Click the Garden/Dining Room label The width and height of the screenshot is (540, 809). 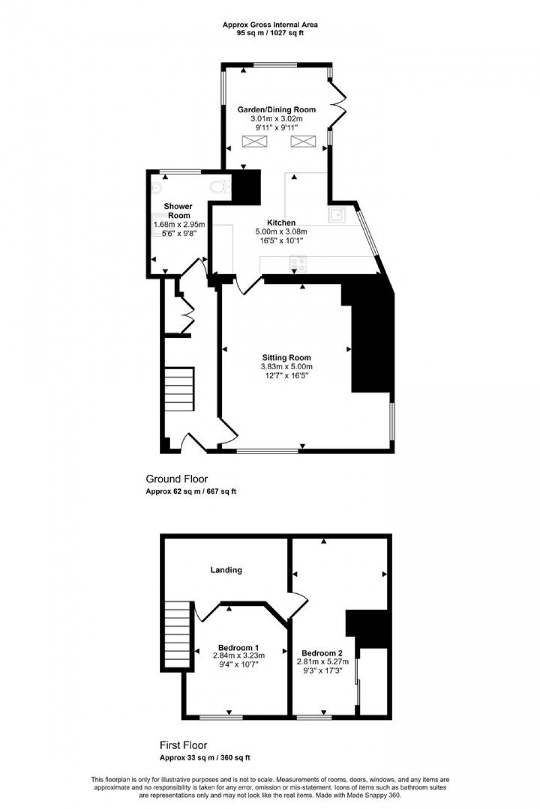[x=269, y=110]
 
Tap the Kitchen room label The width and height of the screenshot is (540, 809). [x=281, y=223]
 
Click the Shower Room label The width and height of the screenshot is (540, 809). [x=178, y=211]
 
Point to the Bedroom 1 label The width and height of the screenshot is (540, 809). [x=239, y=647]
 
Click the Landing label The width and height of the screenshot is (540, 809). [x=226, y=570]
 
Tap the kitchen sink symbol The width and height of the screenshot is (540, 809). [x=337, y=215]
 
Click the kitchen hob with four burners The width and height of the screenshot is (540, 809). [x=298, y=264]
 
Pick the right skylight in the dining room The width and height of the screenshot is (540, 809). [x=302, y=141]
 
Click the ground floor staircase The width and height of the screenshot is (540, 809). [x=179, y=389]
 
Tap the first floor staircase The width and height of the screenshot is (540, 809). [x=177, y=633]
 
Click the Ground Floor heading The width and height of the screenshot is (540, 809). [x=176, y=479]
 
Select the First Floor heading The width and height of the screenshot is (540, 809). [x=183, y=745]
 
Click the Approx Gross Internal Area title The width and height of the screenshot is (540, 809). [x=270, y=24]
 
